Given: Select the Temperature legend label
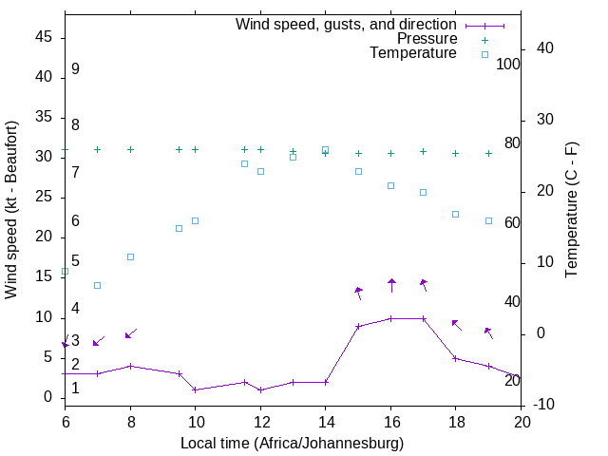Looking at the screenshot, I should click(413, 53).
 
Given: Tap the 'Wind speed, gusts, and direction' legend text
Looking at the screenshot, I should click(346, 25).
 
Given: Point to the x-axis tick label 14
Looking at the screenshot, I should click(325, 421).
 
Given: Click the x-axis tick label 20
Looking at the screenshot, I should click(521, 421).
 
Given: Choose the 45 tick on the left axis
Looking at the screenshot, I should click(44, 37).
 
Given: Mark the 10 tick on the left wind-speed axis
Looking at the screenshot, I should click(44, 317).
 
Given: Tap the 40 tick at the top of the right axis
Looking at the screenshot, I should click(545, 48).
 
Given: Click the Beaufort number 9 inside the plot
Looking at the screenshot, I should click(75, 69).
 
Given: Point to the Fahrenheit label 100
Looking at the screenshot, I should click(508, 65).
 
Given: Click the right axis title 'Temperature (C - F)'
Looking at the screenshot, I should click(571, 209).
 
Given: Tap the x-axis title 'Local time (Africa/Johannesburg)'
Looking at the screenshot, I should click(292, 444).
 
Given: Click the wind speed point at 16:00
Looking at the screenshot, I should click(390, 318).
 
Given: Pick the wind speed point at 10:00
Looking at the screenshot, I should click(195, 389).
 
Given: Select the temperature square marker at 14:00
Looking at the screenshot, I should click(325, 150).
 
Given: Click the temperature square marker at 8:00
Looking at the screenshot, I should click(130, 256).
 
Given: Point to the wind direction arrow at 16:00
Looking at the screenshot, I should click(390, 285).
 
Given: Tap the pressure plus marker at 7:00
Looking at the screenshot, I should click(97, 149).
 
